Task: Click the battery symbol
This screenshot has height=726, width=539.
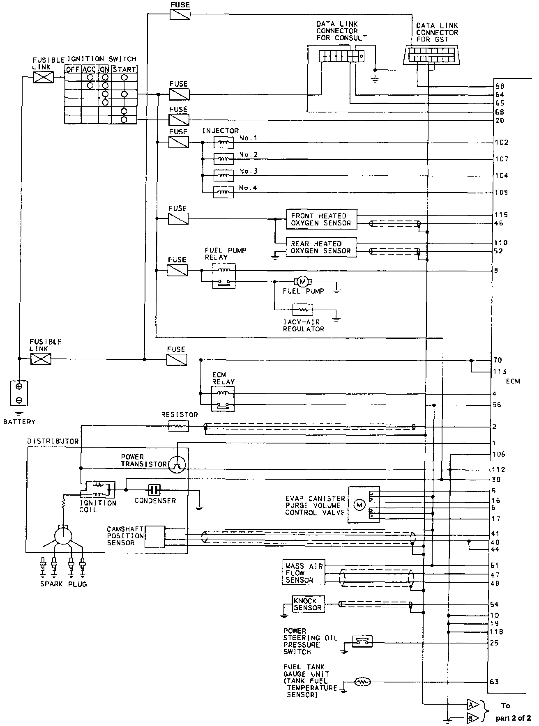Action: pos(19,393)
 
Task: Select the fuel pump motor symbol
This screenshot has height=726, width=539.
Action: pos(303,282)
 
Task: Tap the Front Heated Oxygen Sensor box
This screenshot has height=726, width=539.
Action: pos(321,219)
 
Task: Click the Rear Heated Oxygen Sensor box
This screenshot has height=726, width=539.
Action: pos(321,247)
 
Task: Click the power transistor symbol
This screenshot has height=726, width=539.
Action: pos(177,464)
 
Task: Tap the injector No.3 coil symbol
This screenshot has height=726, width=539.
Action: pos(223,175)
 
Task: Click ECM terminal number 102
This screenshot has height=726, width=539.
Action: pos(502,142)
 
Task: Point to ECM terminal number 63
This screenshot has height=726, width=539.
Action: pos(494,682)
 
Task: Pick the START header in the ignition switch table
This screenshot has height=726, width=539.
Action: pos(124,69)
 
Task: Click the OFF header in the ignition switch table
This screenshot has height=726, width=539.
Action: pos(73,69)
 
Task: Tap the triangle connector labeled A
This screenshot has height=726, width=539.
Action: pos(472,705)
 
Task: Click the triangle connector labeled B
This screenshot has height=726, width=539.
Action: pos(472,718)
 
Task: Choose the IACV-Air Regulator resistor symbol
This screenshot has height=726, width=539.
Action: pos(303,309)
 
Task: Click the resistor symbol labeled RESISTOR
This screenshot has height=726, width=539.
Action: pos(179,427)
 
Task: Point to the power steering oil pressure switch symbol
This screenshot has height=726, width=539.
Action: pos(362,641)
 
